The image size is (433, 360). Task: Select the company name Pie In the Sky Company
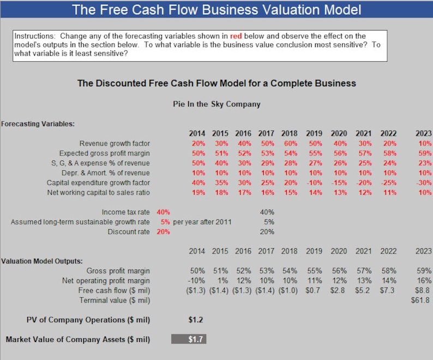216,104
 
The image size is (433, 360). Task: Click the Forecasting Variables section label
38,124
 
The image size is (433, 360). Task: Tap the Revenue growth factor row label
115,143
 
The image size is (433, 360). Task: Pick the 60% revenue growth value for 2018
289,143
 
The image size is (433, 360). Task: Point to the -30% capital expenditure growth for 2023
423,183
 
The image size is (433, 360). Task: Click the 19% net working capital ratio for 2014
197,193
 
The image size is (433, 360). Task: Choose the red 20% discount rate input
163,232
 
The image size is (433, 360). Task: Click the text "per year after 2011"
202,222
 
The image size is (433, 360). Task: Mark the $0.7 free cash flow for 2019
313,290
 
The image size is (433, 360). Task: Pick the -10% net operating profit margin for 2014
197,280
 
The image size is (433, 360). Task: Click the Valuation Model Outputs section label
41,261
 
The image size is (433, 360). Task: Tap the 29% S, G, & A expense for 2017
266,163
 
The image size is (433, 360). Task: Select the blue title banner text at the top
216,9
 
